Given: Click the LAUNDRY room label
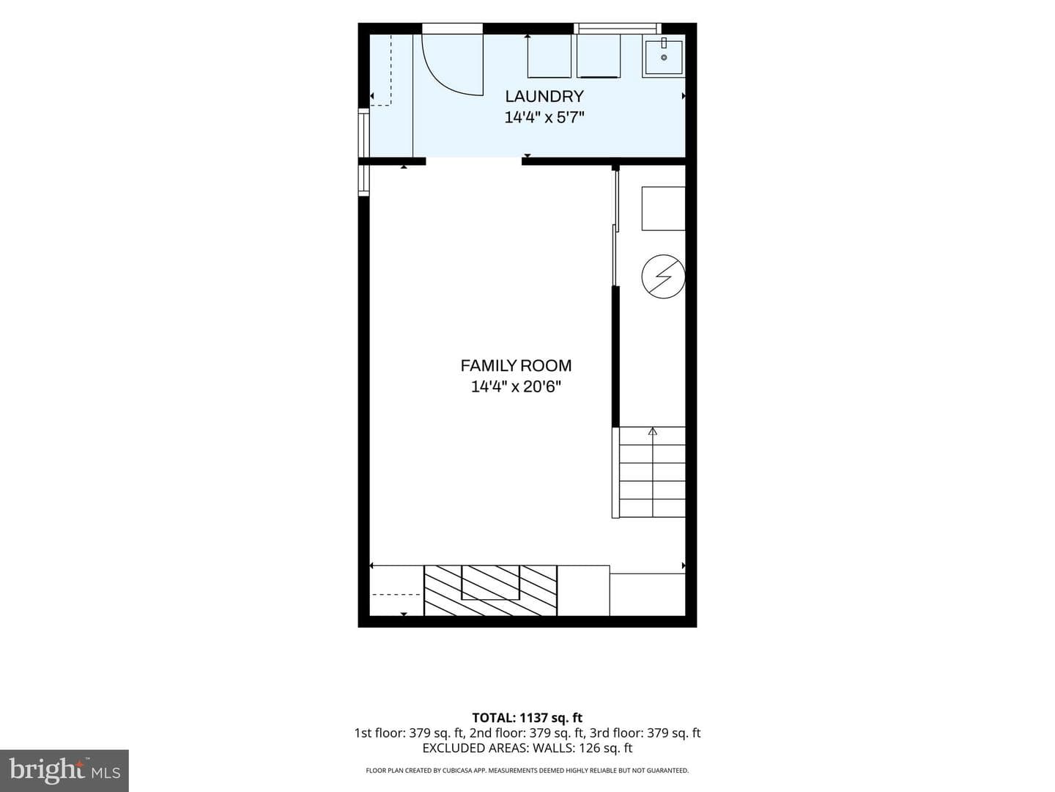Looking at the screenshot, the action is pyautogui.click(x=544, y=96).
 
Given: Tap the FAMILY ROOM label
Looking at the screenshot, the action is pyautogui.click(x=516, y=366).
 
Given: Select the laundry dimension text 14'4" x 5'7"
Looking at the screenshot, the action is pyautogui.click(x=544, y=118).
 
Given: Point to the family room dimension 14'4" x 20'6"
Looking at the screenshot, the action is pyautogui.click(x=516, y=386).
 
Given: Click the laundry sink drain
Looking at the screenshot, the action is pyautogui.click(x=664, y=58).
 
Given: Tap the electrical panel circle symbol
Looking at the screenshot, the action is pyautogui.click(x=663, y=276).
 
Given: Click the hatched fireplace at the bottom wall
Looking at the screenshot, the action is pyautogui.click(x=490, y=590).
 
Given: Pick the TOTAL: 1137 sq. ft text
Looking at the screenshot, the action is pyautogui.click(x=527, y=718).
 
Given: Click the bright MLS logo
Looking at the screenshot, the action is pyautogui.click(x=64, y=770).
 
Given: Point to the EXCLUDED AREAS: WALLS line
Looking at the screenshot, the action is pyautogui.click(x=527, y=748).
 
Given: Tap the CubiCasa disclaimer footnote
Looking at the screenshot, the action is pyautogui.click(x=527, y=770).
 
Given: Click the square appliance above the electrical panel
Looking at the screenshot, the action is pyautogui.click(x=663, y=209).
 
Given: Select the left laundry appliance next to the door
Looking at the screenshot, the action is pyautogui.click(x=549, y=56).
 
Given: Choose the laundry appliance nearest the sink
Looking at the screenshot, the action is pyautogui.click(x=599, y=56).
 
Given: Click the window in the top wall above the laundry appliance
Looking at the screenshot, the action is pyautogui.click(x=618, y=29).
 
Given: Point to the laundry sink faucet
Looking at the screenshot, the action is pyautogui.click(x=664, y=43).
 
